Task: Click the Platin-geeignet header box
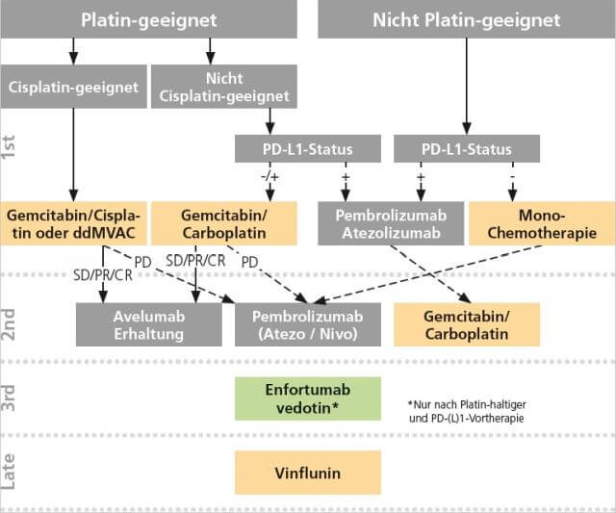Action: (x=149, y=19)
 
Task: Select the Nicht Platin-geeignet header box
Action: (x=466, y=19)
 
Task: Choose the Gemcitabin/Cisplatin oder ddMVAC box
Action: (x=73, y=223)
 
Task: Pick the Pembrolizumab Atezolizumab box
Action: (x=391, y=223)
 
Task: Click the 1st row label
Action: (x=12, y=147)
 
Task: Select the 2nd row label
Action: (x=12, y=323)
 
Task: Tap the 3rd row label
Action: (x=12, y=398)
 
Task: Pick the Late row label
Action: (x=12, y=473)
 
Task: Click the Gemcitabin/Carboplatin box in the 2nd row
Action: (x=465, y=325)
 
